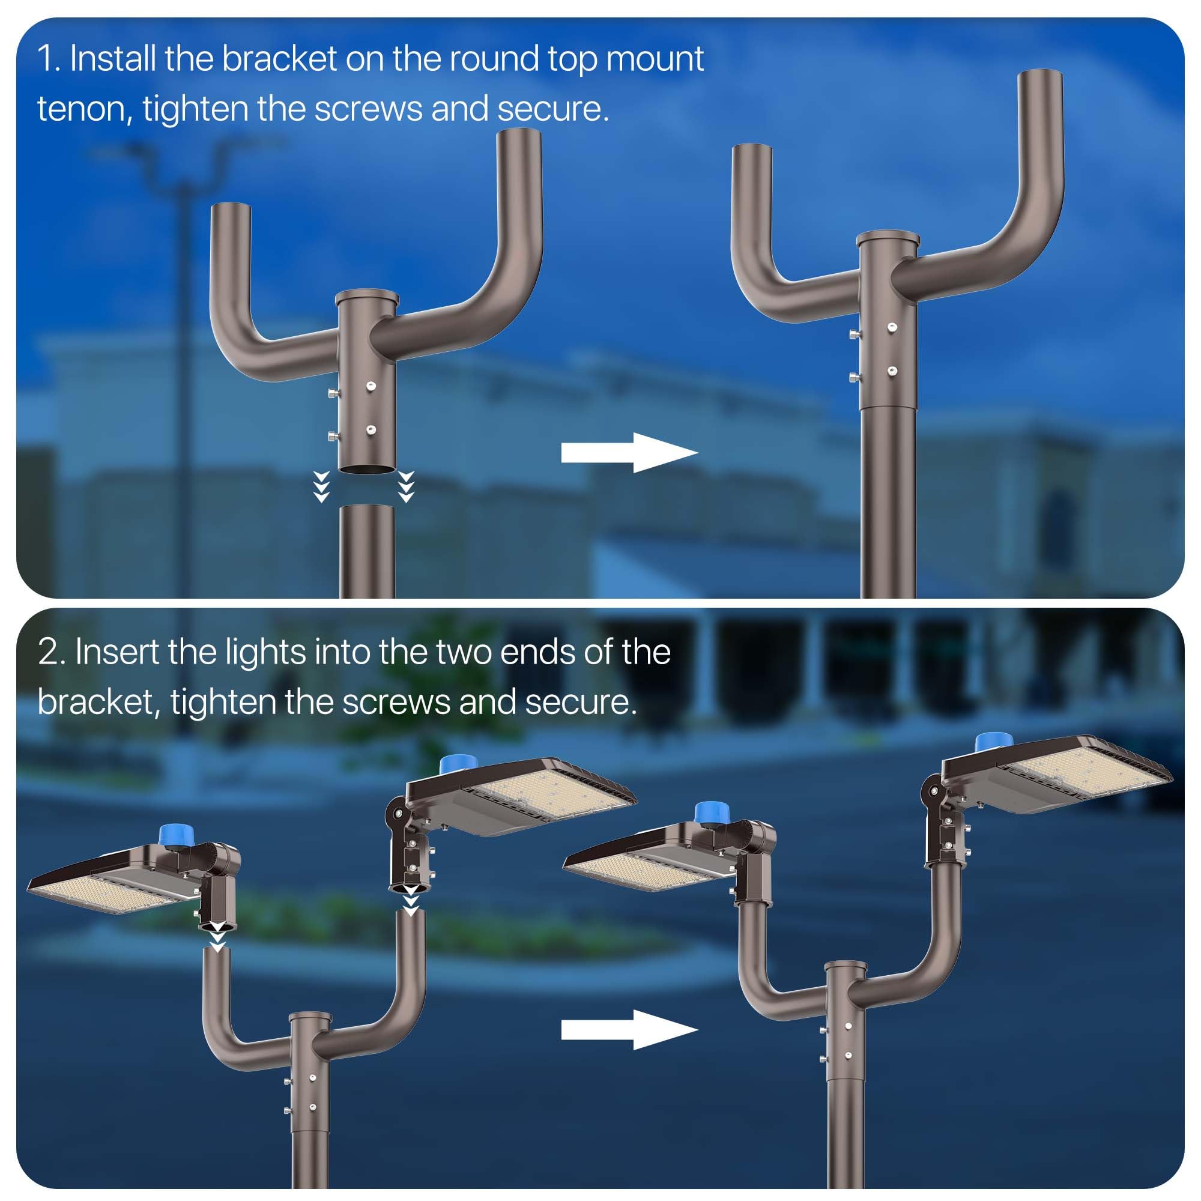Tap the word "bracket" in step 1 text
click(280, 59)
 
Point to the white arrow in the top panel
click(629, 453)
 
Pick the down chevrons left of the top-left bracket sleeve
click(321, 486)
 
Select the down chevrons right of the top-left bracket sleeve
click(406, 486)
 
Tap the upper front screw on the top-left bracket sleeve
click(371, 387)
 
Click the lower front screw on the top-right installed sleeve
click(892, 372)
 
